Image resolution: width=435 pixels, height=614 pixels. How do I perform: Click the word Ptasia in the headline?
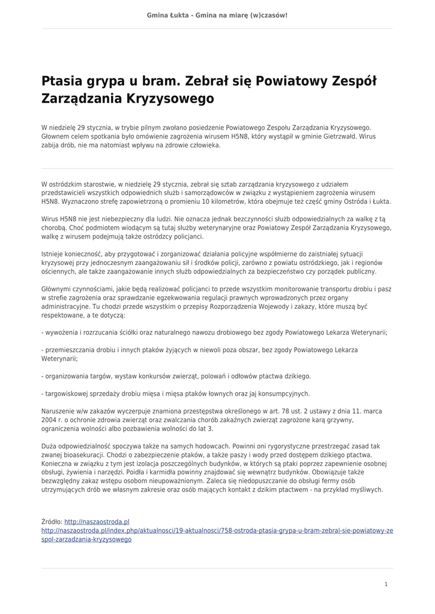coord(63,82)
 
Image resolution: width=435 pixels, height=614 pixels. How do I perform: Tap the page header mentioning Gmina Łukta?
coord(217,14)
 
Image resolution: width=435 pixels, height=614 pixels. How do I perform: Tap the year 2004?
coord(49,420)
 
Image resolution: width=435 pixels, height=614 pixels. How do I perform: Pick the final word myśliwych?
coord(367,490)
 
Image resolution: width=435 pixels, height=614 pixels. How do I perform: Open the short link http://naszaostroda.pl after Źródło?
coord(97,522)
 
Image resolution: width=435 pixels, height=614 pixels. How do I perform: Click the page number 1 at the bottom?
coord(386,584)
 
